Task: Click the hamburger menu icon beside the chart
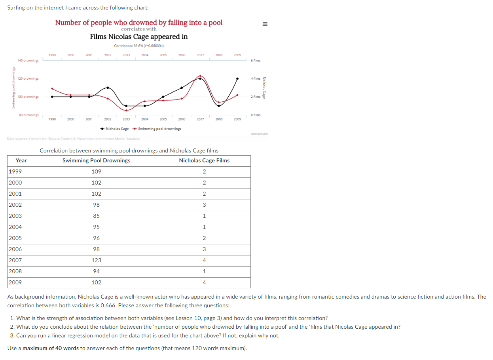click(x=265, y=24)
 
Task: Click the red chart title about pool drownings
click(x=138, y=22)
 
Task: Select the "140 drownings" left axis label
click(x=28, y=61)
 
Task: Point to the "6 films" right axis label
click(x=256, y=61)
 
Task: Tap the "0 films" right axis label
click(x=256, y=115)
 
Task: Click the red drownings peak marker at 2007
click(x=201, y=76)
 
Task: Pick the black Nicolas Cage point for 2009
click(x=237, y=78)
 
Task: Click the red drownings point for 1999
click(x=52, y=89)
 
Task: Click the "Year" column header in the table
click(x=21, y=160)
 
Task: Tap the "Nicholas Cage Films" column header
click(x=204, y=160)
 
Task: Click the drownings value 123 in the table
click(x=97, y=260)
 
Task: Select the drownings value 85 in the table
click(x=97, y=216)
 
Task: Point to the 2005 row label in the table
click(x=15, y=238)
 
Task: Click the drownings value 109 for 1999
click(x=97, y=171)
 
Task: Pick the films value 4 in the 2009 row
click(x=204, y=282)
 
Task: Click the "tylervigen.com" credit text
click(x=260, y=134)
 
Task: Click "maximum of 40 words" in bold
click(x=51, y=349)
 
